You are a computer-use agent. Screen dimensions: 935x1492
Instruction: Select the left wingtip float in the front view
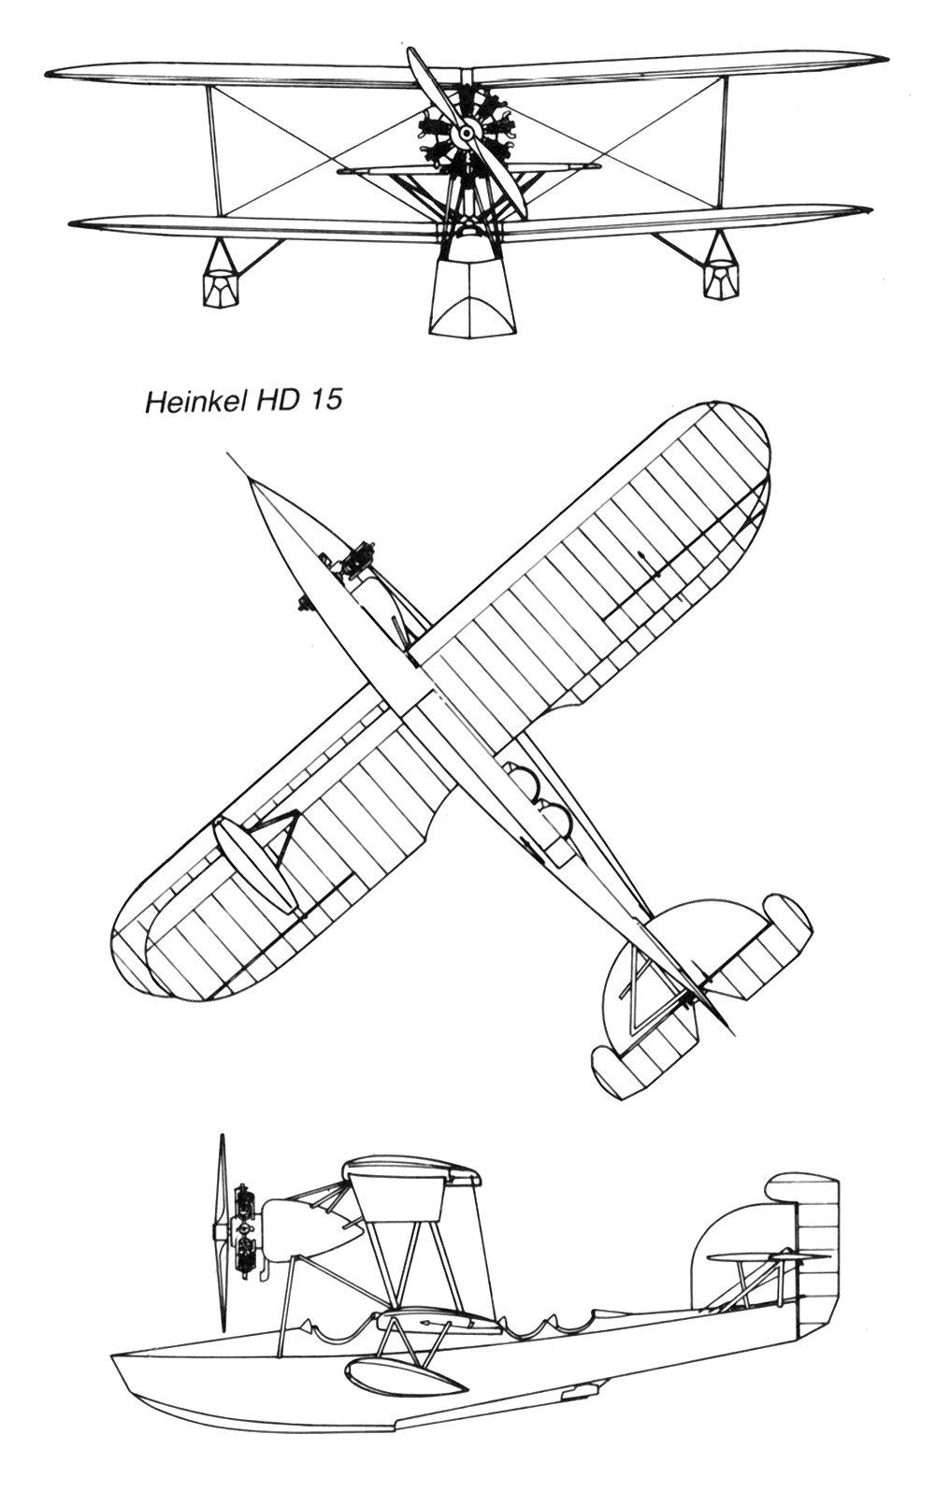[219, 283]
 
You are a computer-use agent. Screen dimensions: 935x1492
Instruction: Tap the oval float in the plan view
[252, 865]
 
